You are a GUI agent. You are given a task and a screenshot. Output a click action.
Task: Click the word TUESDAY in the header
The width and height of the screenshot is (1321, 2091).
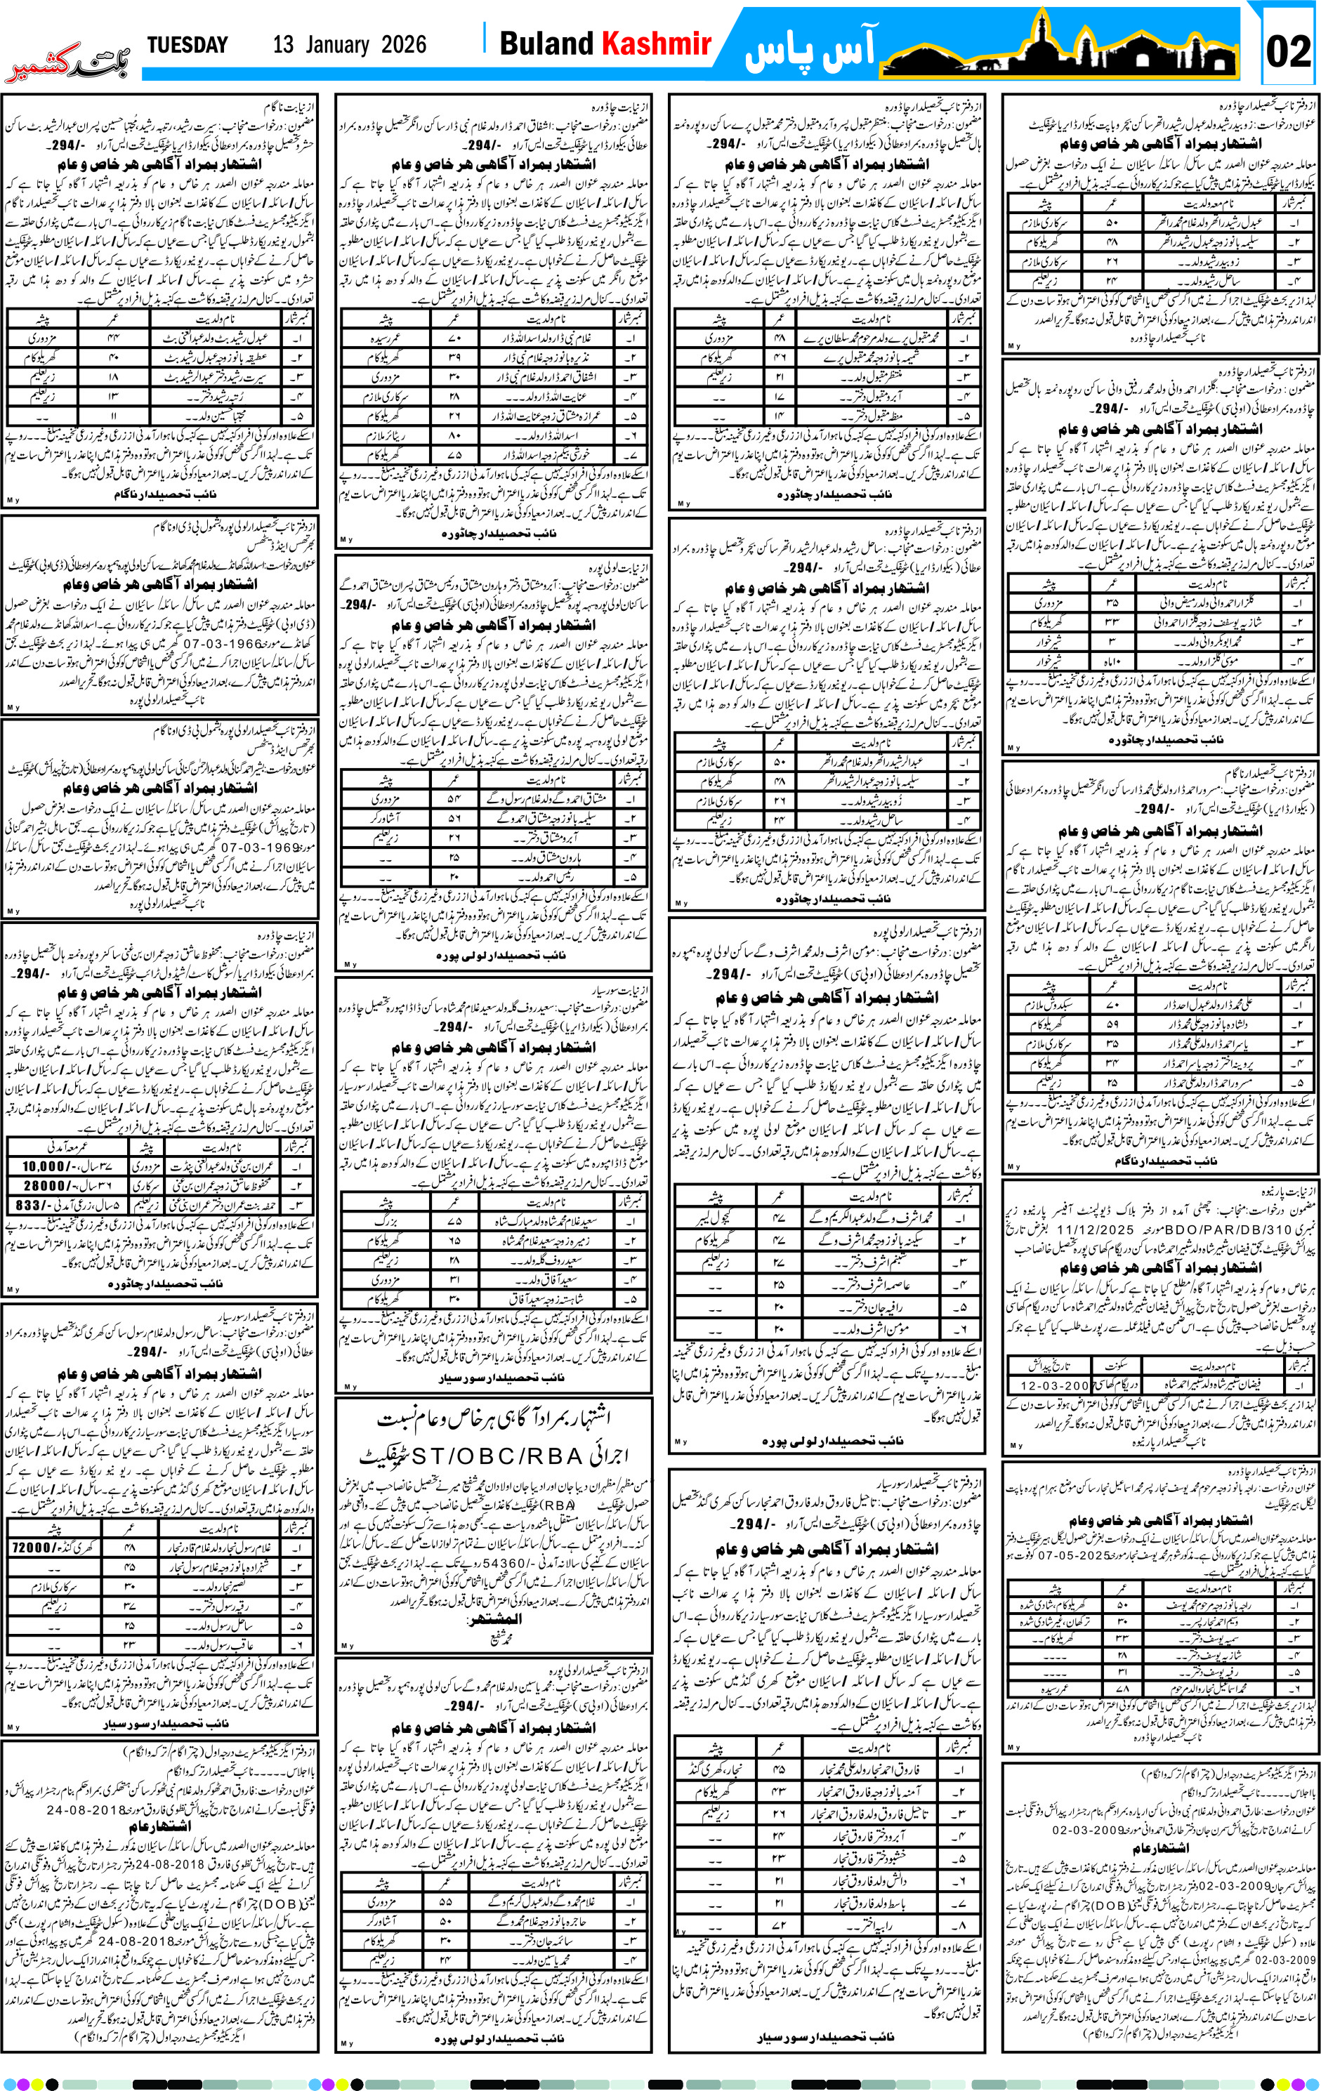pyautogui.click(x=187, y=45)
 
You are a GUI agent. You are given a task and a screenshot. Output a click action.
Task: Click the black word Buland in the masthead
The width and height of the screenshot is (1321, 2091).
pyautogui.click(x=546, y=44)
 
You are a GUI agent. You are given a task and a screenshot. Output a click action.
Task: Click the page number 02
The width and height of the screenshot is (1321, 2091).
pyautogui.click(x=1288, y=51)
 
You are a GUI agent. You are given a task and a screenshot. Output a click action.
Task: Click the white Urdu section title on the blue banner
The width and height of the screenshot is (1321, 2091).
pyautogui.click(x=811, y=51)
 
